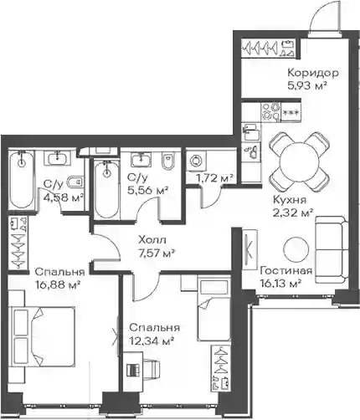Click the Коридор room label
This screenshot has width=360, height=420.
pyautogui.click(x=313, y=73)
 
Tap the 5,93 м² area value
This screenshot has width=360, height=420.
pyautogui.click(x=307, y=85)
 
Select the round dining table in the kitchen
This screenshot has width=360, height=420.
pyautogui.click(x=300, y=161)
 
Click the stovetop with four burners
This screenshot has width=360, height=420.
pyautogui.click(x=271, y=111)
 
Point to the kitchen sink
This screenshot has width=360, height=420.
pyautogui.click(x=250, y=132)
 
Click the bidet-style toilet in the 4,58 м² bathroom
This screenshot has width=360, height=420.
pyautogui.click(x=75, y=182)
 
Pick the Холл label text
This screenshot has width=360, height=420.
pyautogui.click(x=152, y=240)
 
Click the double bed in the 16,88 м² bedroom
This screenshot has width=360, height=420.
pyautogui.click(x=42, y=337)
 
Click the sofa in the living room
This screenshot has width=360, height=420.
pyautogui.click(x=332, y=249)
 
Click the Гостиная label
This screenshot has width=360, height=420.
pyautogui.click(x=285, y=271)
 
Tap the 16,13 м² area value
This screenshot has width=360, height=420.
pyautogui.click(x=280, y=284)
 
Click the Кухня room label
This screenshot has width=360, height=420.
pyautogui.click(x=289, y=200)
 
